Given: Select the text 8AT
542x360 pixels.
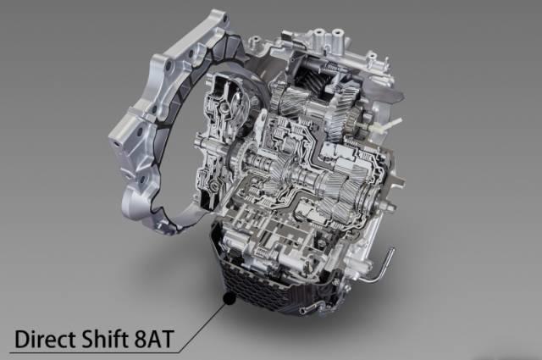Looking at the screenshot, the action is coord(153,340).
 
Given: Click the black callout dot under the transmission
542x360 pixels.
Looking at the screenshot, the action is coord(230,298).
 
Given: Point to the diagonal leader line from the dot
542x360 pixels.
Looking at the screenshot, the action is coord(203,326).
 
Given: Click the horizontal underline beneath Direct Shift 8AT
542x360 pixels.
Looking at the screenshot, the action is coord(94,352).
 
